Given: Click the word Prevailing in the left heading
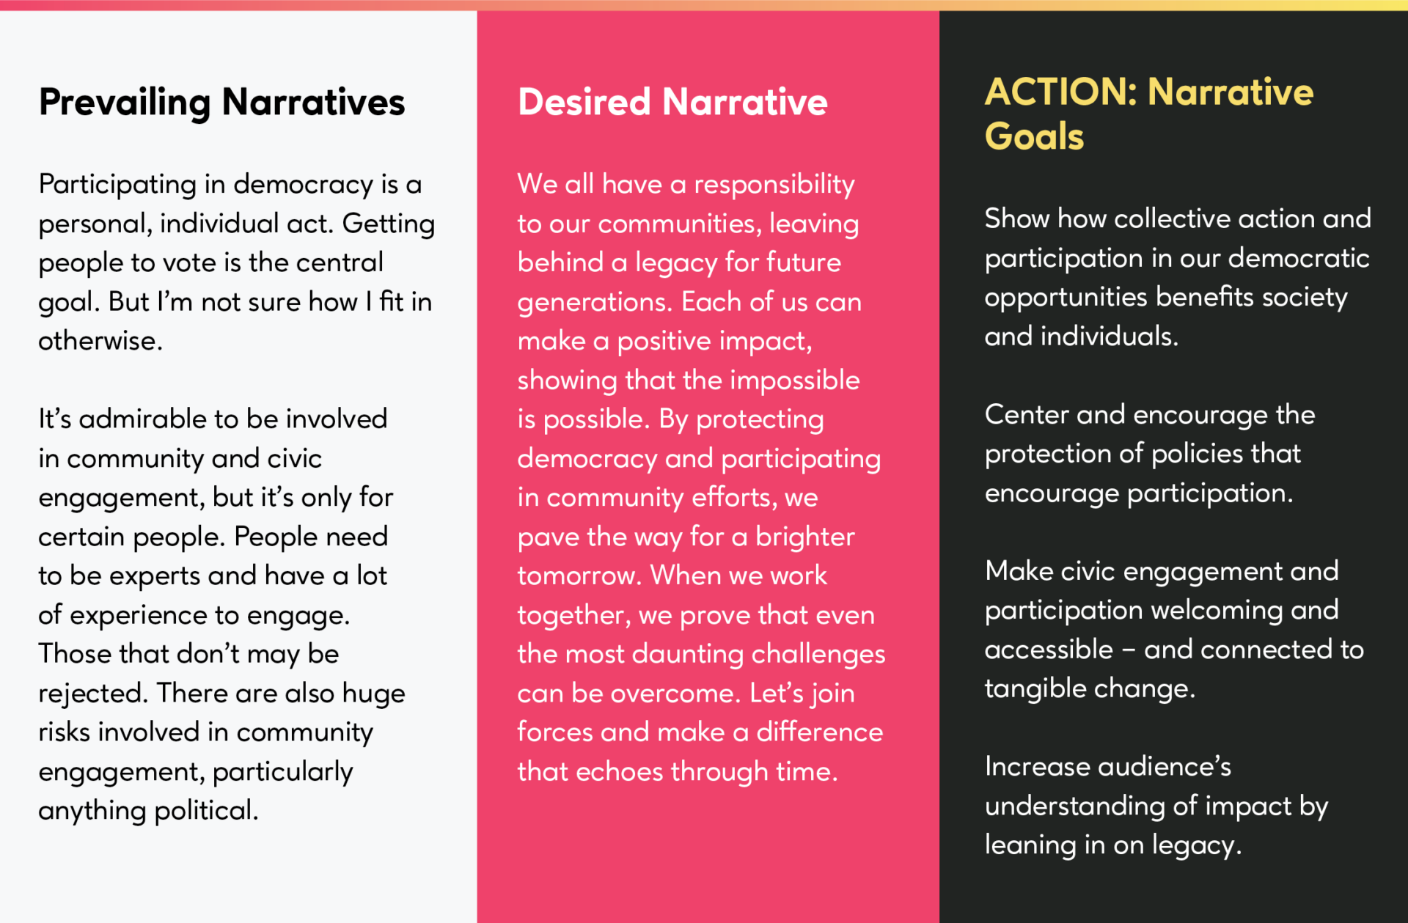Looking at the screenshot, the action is (x=125, y=103).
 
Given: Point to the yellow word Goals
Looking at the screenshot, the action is (x=1034, y=137).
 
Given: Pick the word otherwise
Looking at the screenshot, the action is (x=100, y=341).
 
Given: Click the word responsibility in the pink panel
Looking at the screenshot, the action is (x=774, y=185).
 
